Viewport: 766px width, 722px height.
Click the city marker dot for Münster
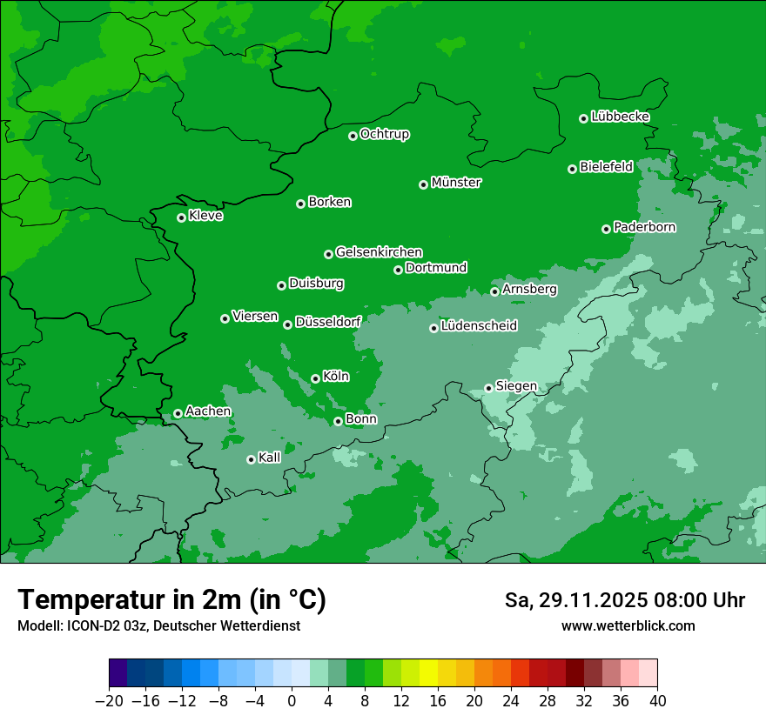[x=424, y=184]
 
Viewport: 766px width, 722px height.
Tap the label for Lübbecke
[x=620, y=117]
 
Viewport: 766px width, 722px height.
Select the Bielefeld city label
[x=606, y=167]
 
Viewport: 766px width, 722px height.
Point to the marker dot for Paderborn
[x=607, y=229]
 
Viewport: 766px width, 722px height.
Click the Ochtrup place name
[x=384, y=134]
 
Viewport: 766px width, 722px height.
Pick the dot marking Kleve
[x=182, y=217]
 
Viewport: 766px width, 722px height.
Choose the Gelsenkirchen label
[x=379, y=252]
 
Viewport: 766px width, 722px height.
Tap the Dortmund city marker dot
[x=399, y=270]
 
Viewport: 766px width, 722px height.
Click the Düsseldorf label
[x=327, y=322]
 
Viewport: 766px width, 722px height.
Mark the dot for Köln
[x=316, y=378]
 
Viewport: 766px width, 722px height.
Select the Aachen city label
[x=208, y=411]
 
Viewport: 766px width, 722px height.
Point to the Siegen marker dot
[x=489, y=388]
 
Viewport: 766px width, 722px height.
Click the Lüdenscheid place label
[x=479, y=326]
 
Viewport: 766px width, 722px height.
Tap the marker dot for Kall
[x=252, y=459]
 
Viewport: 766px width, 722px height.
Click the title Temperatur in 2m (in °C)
[x=171, y=599]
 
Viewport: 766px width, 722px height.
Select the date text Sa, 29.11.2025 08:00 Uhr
[x=624, y=600]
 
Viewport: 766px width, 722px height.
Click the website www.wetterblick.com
[x=628, y=625]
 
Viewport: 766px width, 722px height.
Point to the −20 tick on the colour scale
[x=109, y=701]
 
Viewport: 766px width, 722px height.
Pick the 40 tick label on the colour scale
[x=657, y=701]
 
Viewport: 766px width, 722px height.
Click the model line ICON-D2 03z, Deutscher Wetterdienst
[x=158, y=626]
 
